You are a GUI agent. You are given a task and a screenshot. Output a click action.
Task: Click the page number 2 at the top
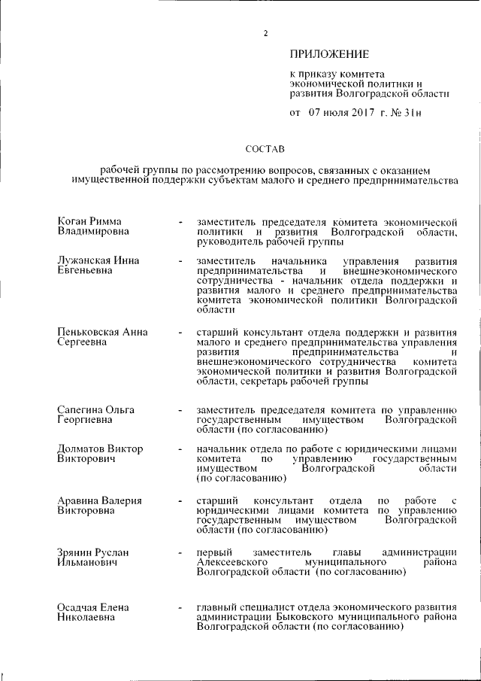(x=265, y=32)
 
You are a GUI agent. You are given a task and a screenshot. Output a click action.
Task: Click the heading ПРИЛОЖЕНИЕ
(x=329, y=54)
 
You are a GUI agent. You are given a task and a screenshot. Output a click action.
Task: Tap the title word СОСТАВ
(x=265, y=149)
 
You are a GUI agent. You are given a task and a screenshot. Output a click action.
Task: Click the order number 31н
(x=413, y=114)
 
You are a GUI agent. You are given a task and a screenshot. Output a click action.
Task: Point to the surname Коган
(x=73, y=222)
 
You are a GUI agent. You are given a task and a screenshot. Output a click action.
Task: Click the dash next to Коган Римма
(x=180, y=223)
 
